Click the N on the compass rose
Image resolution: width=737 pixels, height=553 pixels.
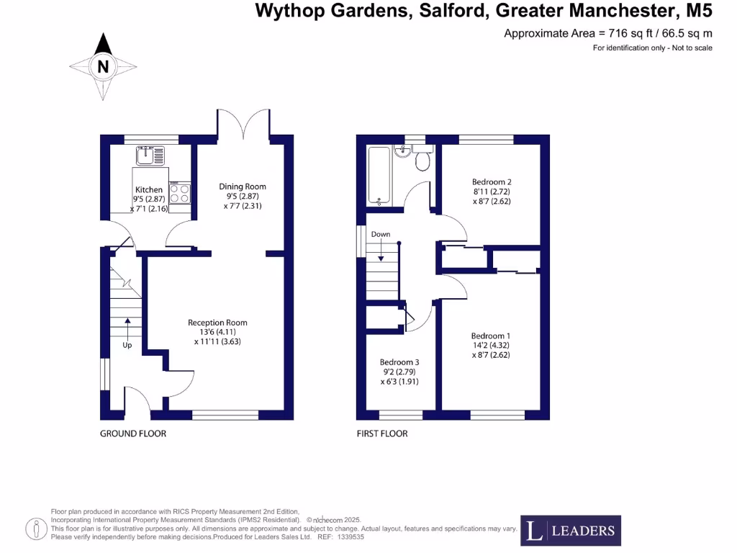click(x=103, y=67)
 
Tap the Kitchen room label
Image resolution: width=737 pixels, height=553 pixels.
click(x=149, y=190)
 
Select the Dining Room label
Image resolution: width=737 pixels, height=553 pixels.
click(x=243, y=186)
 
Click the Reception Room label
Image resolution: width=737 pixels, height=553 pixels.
click(x=217, y=323)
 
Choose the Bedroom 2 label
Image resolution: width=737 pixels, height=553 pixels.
click(x=492, y=182)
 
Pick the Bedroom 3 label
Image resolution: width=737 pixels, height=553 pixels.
click(x=399, y=362)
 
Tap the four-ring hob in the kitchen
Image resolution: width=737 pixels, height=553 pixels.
click(x=181, y=194)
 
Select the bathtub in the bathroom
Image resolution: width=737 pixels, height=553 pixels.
click(x=379, y=175)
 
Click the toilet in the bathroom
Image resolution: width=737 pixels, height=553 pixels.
click(x=422, y=159)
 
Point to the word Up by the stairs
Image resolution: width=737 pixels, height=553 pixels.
click(x=127, y=345)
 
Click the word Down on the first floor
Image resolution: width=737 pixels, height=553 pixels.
click(x=381, y=235)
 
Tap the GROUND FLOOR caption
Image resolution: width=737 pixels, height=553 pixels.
click(x=133, y=433)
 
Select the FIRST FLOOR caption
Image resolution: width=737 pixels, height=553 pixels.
click(x=382, y=433)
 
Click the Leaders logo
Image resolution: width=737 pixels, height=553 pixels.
click(x=570, y=531)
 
